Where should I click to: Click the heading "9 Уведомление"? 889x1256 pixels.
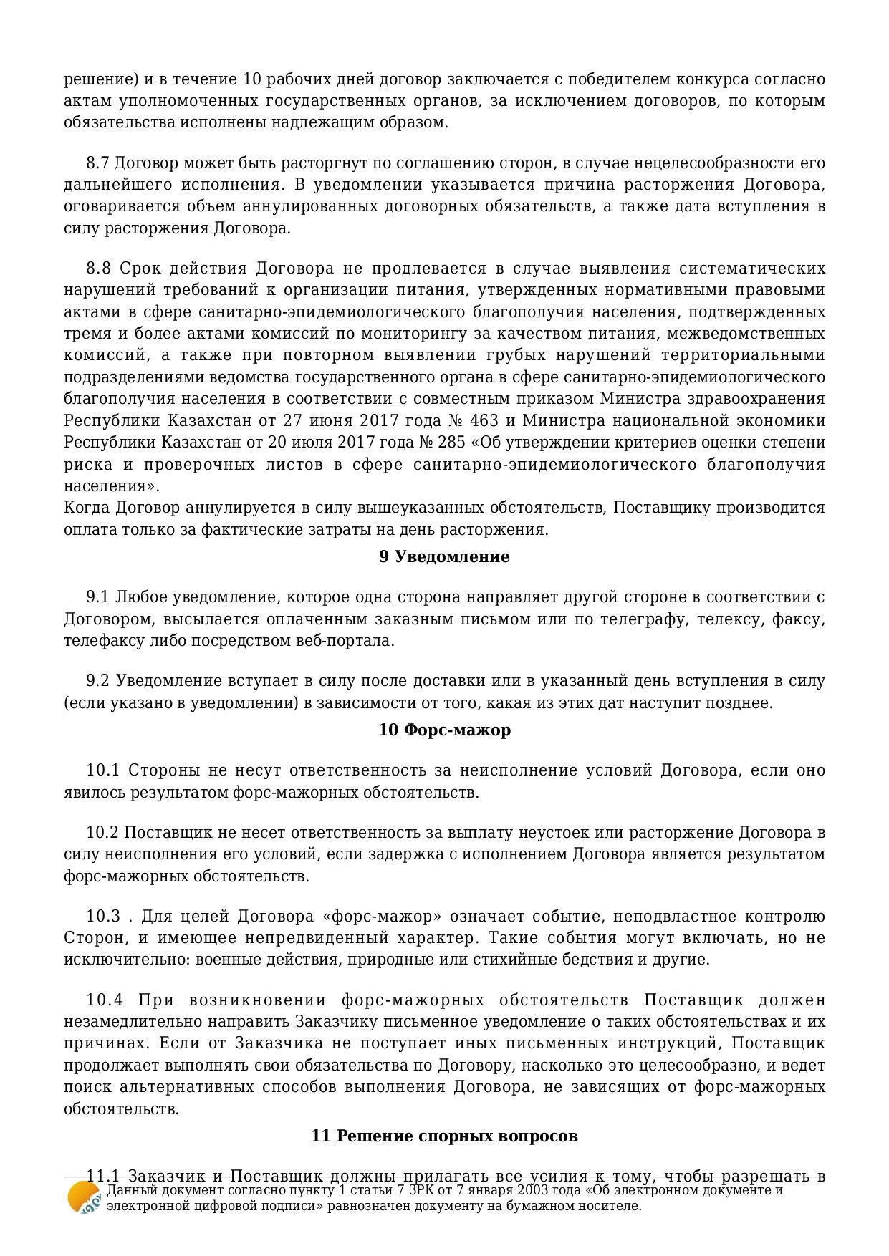coord(444,556)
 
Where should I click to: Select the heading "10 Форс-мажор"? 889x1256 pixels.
coord(444,730)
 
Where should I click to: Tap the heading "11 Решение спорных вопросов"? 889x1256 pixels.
coord(444,1136)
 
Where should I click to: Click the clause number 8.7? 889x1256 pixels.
coord(98,163)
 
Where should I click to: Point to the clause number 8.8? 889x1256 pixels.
coord(99,269)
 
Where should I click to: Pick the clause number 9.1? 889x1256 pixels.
coord(98,597)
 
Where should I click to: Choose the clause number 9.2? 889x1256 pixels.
coord(98,681)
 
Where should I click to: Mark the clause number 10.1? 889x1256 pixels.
coord(103,770)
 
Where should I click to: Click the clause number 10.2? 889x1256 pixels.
coord(102,833)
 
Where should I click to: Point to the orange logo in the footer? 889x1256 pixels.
coord(84,1197)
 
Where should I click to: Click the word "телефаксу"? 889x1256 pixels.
coord(99,641)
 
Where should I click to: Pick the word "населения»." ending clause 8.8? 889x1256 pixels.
coord(112,486)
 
